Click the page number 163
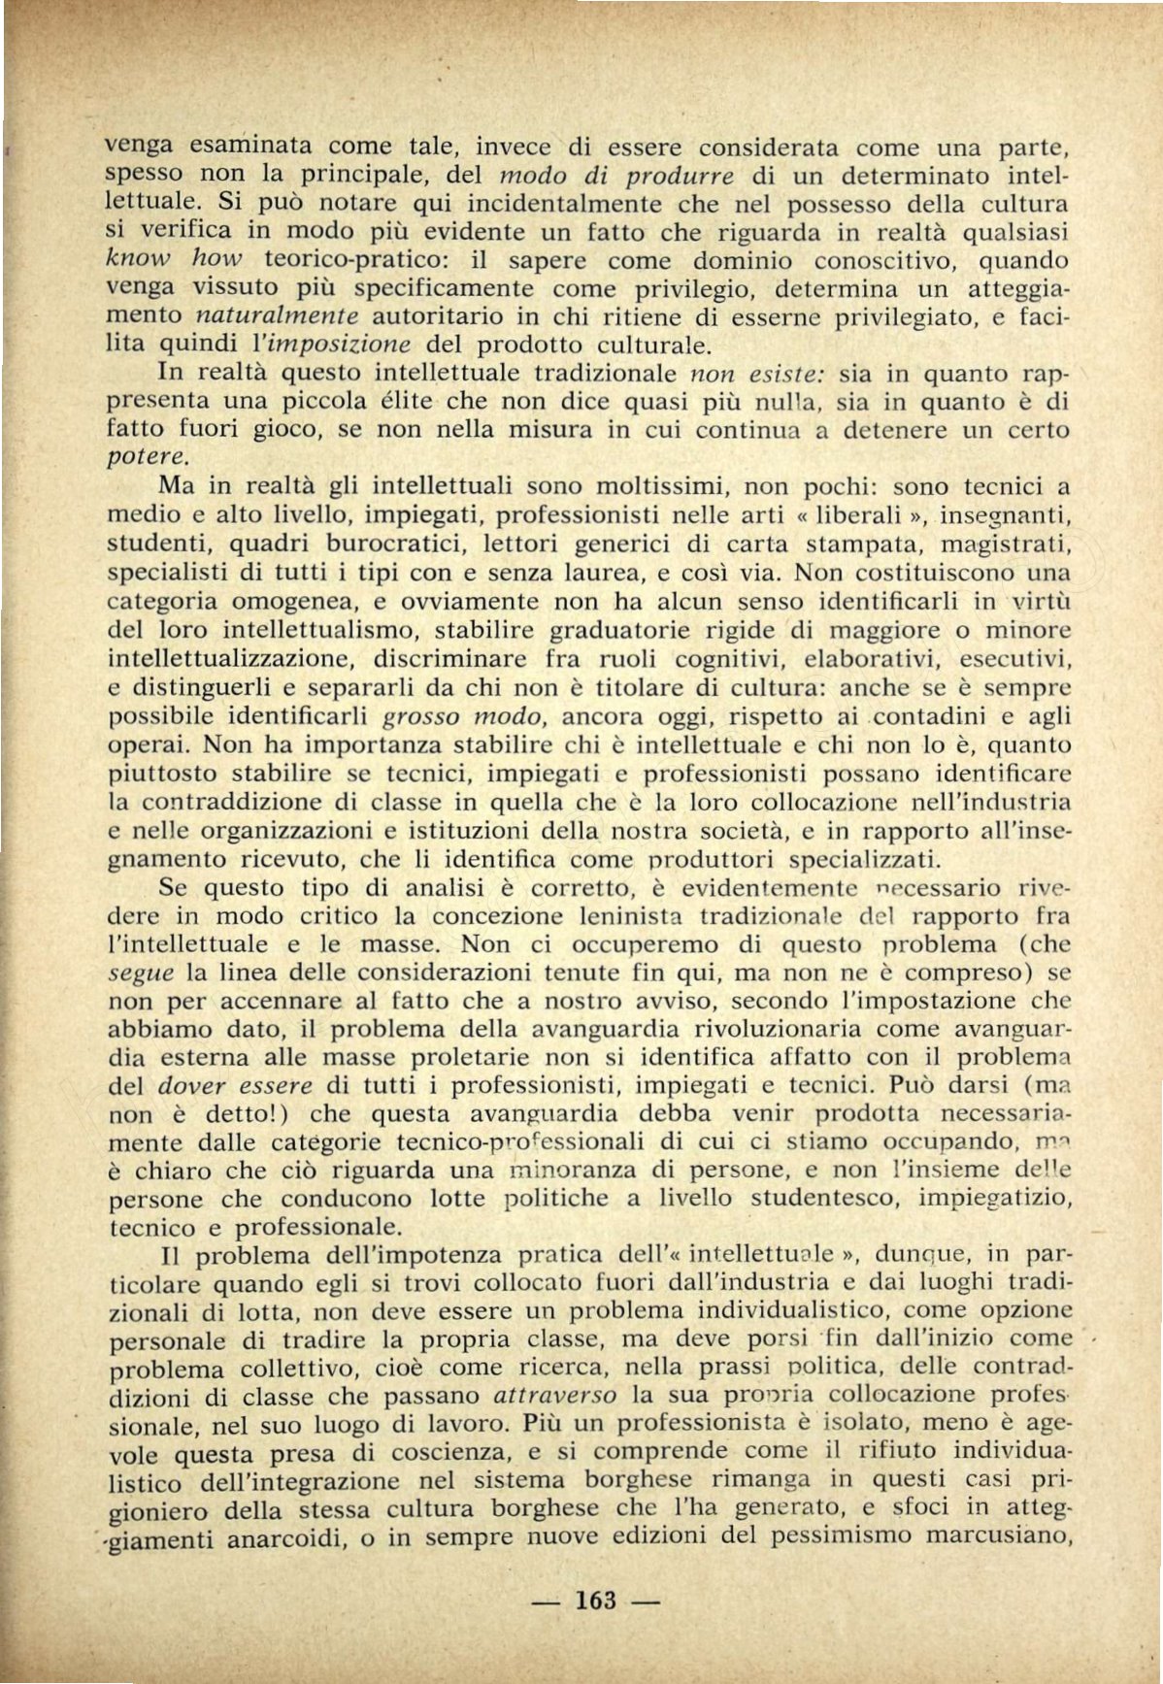coord(596,1601)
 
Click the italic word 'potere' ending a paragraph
coord(145,456)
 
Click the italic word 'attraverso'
coord(555,1397)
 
